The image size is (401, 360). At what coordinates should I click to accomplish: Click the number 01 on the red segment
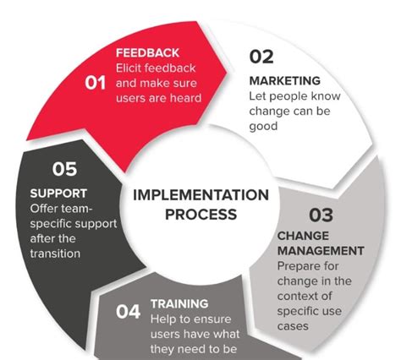[96, 82]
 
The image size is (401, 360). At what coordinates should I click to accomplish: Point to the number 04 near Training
[128, 311]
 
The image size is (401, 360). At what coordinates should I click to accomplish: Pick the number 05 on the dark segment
[65, 170]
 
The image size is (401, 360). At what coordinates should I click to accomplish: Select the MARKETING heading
[284, 80]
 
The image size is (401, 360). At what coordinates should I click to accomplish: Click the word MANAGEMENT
[321, 251]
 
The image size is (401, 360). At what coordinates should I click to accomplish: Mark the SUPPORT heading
[58, 193]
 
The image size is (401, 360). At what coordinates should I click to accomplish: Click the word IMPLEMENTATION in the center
[200, 194]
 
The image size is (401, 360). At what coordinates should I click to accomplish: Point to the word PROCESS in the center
[200, 214]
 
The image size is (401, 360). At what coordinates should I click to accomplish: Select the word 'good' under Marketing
[263, 126]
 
